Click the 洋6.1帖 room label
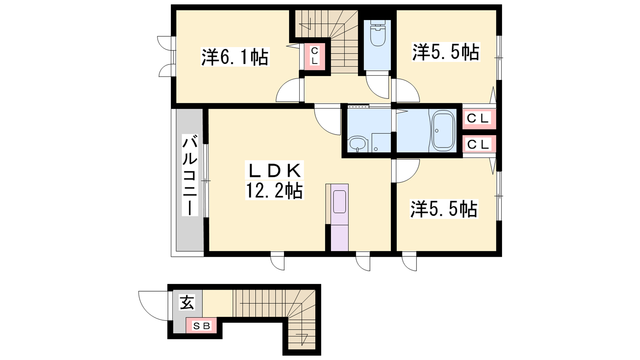point(235,57)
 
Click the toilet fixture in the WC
point(377,33)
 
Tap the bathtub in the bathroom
point(443,131)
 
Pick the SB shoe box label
point(201,326)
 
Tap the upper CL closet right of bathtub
point(478,118)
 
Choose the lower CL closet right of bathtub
point(478,144)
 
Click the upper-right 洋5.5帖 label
point(446,52)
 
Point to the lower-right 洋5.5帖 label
point(444,209)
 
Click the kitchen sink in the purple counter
point(340,202)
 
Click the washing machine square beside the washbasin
point(381,142)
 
